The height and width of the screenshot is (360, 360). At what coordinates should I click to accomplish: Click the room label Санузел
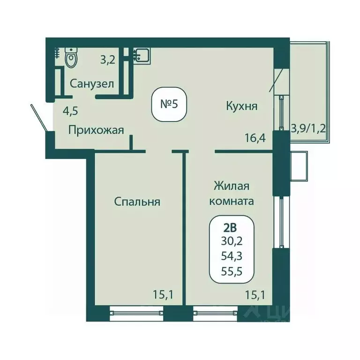click(x=92, y=84)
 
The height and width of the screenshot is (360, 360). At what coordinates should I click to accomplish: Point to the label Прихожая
click(x=96, y=130)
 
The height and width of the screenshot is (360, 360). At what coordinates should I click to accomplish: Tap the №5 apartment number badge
click(x=169, y=104)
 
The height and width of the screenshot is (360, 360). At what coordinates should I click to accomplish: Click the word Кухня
click(x=241, y=106)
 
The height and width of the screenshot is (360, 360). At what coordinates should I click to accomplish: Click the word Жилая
click(x=231, y=186)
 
